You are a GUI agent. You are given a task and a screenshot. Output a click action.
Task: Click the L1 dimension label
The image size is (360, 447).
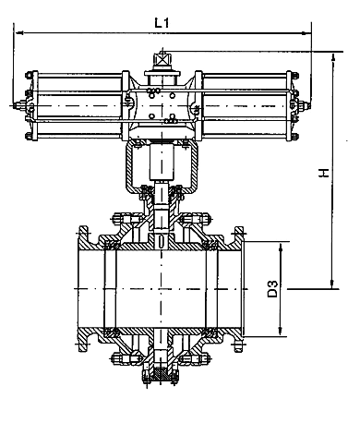point(162,23)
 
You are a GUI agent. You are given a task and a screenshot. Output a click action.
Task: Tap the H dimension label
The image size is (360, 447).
point(324,173)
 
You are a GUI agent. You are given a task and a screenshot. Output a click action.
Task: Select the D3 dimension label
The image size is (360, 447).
point(272,288)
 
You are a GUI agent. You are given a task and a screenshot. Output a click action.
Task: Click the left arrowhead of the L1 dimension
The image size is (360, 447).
point(19,32)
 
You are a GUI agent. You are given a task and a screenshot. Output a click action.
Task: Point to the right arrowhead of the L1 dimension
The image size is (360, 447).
point(306,32)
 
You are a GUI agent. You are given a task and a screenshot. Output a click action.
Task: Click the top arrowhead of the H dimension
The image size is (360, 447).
point(333,57)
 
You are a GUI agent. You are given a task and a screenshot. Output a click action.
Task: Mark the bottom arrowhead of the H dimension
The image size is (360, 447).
point(332,284)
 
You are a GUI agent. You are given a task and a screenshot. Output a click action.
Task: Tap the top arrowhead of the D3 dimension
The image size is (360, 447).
point(281,248)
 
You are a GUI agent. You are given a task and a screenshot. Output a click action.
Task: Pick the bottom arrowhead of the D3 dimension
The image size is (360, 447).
point(280,332)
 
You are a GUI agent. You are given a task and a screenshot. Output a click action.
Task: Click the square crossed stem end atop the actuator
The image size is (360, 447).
point(162,58)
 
